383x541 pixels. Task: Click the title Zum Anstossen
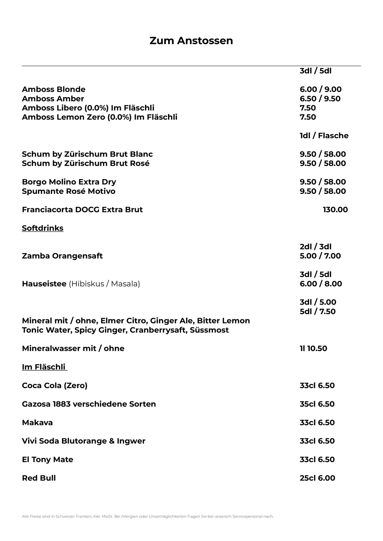pyautogui.click(x=191, y=41)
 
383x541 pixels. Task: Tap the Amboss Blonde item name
pyautogui.click(x=54, y=90)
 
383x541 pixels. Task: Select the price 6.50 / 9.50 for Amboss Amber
pyautogui.click(x=320, y=99)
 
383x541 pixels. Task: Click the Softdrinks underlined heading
pyautogui.click(x=43, y=228)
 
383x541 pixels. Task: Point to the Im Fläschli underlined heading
pyautogui.click(x=44, y=367)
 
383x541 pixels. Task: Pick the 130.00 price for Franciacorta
pyautogui.click(x=335, y=210)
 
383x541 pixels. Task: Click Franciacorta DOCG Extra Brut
pyautogui.click(x=82, y=210)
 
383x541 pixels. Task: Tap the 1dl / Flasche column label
pyautogui.click(x=324, y=136)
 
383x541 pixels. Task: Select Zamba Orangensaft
pyautogui.click(x=62, y=256)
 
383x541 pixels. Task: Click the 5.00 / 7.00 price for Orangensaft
pyautogui.click(x=320, y=256)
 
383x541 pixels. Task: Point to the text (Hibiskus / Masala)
pyautogui.click(x=104, y=284)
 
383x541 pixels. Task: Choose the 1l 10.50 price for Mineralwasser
pyautogui.click(x=313, y=348)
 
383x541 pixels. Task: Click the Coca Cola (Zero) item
pyautogui.click(x=55, y=385)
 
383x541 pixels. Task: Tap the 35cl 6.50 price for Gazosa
pyautogui.click(x=317, y=404)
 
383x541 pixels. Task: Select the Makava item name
pyautogui.click(x=37, y=423)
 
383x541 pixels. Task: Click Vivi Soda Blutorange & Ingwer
pyautogui.click(x=84, y=441)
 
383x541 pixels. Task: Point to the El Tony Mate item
pyautogui.click(x=47, y=460)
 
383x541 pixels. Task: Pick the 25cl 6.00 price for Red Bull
pyautogui.click(x=317, y=478)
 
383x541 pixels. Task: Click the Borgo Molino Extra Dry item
pyautogui.click(x=69, y=182)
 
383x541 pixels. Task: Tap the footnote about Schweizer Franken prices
pyautogui.click(x=148, y=516)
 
